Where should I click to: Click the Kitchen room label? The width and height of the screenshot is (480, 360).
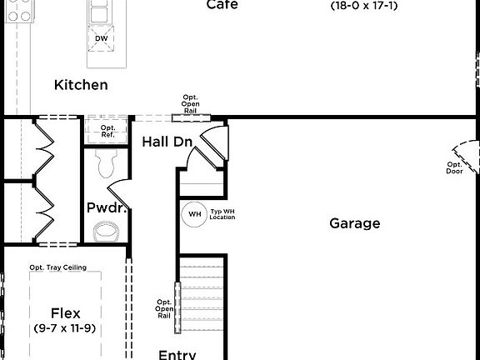tap(81, 85)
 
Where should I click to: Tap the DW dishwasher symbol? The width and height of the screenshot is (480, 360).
tap(102, 38)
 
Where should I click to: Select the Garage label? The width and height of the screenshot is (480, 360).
tap(354, 223)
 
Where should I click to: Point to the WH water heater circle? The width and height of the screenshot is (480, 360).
tap(194, 214)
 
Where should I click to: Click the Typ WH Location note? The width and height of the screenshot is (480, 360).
tap(222, 215)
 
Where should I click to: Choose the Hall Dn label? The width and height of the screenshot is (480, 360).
tap(167, 142)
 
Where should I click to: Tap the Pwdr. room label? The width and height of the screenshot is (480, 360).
tap(107, 207)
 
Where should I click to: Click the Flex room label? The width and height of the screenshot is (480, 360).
tap(65, 313)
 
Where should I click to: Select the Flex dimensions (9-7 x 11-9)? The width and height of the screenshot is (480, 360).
tap(65, 328)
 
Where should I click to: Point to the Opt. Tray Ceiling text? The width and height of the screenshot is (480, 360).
tap(64, 267)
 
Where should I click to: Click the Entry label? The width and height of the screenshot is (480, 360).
tap(177, 354)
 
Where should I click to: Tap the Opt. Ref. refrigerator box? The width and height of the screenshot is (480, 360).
tap(107, 129)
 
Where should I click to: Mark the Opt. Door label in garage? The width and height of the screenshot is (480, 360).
tap(454, 168)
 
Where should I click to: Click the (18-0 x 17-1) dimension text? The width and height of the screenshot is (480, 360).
tap(363, 5)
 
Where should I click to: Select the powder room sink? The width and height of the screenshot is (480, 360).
tap(107, 231)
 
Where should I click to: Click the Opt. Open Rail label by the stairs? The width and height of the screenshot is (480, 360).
tap(164, 308)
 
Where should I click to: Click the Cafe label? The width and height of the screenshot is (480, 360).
tap(222, 5)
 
